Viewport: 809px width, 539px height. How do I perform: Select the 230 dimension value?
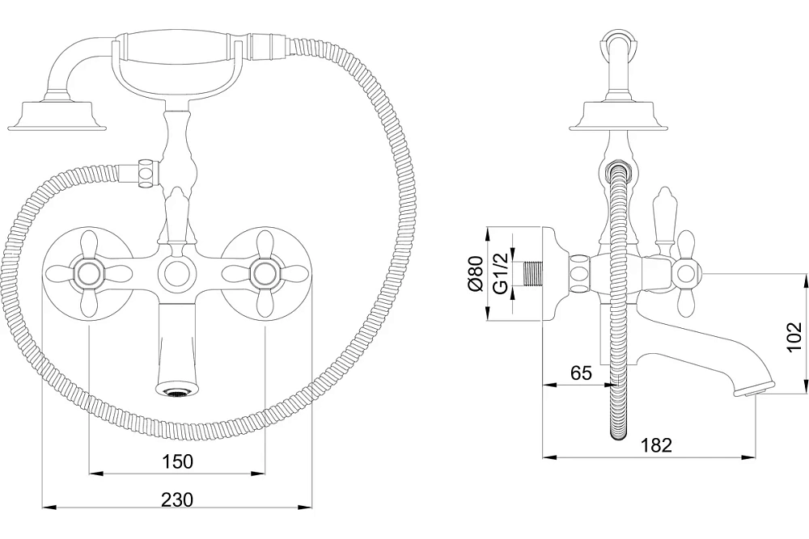[x=177, y=499]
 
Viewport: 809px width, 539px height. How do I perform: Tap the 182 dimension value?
[x=656, y=444]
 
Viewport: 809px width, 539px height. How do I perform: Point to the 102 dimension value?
[x=795, y=336]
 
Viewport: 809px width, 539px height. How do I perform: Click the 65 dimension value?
[x=582, y=372]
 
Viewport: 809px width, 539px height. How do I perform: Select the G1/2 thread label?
[x=501, y=272]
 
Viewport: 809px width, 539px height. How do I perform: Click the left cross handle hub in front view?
[x=88, y=273]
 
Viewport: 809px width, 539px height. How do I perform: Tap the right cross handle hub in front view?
[x=265, y=273]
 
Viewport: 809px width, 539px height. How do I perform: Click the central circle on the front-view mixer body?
[x=176, y=273]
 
